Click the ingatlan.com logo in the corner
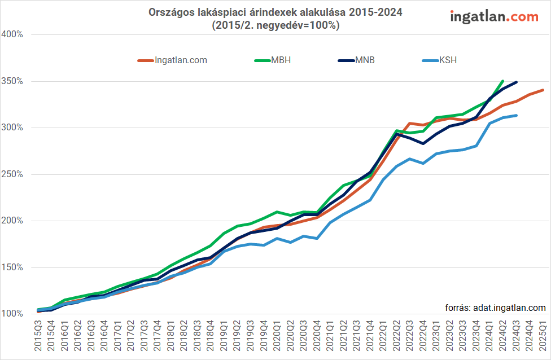point(494,17)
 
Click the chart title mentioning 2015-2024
point(275,19)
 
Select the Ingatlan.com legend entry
point(172,60)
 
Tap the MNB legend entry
point(356,60)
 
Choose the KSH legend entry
point(439,60)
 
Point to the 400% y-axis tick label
point(12,34)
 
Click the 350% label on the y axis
point(12,81)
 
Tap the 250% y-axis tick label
point(12,174)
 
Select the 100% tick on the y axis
point(12,314)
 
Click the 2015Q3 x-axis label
point(38,335)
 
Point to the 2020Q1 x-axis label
point(277,335)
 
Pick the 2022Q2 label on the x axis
point(396,335)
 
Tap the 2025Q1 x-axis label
point(543,335)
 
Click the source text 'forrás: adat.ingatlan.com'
point(495,308)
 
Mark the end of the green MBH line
point(503,81)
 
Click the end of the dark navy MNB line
point(516,82)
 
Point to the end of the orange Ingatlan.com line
point(543,90)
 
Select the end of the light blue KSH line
point(516,115)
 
